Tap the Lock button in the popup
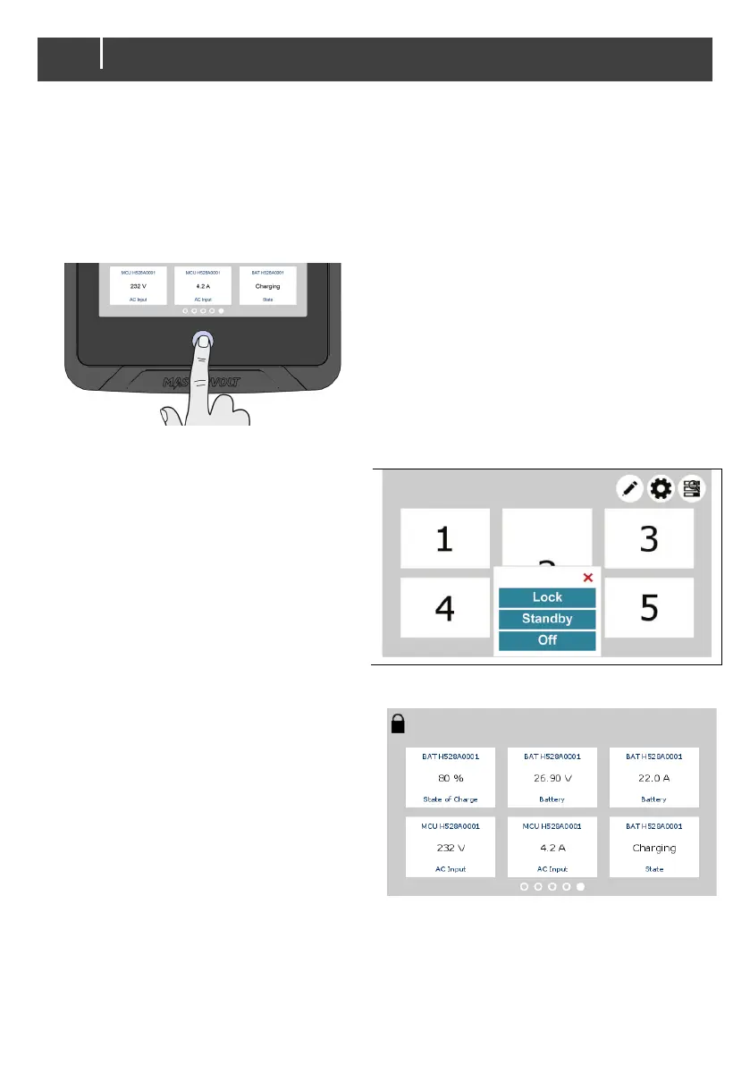pos(546,597)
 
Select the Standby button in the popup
pos(546,619)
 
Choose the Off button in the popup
pos(546,641)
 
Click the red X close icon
pos(587,578)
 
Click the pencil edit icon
pos(630,488)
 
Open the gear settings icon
pos(661,488)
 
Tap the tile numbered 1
pos(444,538)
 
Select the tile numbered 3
pos(649,538)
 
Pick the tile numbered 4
pos(444,608)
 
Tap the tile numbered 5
pos(649,608)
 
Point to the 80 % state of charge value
pos(450,777)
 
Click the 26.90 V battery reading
pos(552,777)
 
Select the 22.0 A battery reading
pos(654,777)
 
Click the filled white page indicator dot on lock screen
pos(580,887)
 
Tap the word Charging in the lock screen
pos(654,848)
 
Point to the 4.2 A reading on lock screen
pos(552,848)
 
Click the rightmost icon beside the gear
pos(692,488)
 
